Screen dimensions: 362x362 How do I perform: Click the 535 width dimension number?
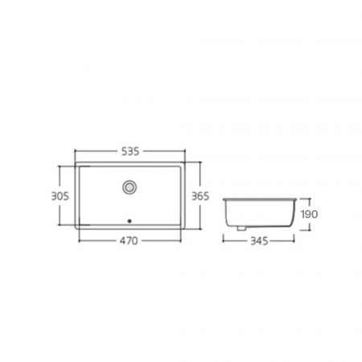click(130, 151)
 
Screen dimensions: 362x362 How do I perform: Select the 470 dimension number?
click(129, 241)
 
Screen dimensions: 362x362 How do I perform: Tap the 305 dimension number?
click(60, 196)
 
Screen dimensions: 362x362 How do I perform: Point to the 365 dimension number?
click(200, 196)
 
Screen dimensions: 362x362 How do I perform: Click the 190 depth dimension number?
click(309, 214)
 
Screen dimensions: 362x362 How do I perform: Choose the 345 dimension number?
click(259, 241)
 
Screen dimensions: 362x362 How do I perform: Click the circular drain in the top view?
click(130, 187)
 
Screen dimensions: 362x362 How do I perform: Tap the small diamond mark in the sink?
click(130, 221)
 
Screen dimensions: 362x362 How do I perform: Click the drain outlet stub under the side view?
click(241, 228)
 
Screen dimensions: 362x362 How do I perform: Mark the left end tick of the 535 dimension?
click(75, 151)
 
